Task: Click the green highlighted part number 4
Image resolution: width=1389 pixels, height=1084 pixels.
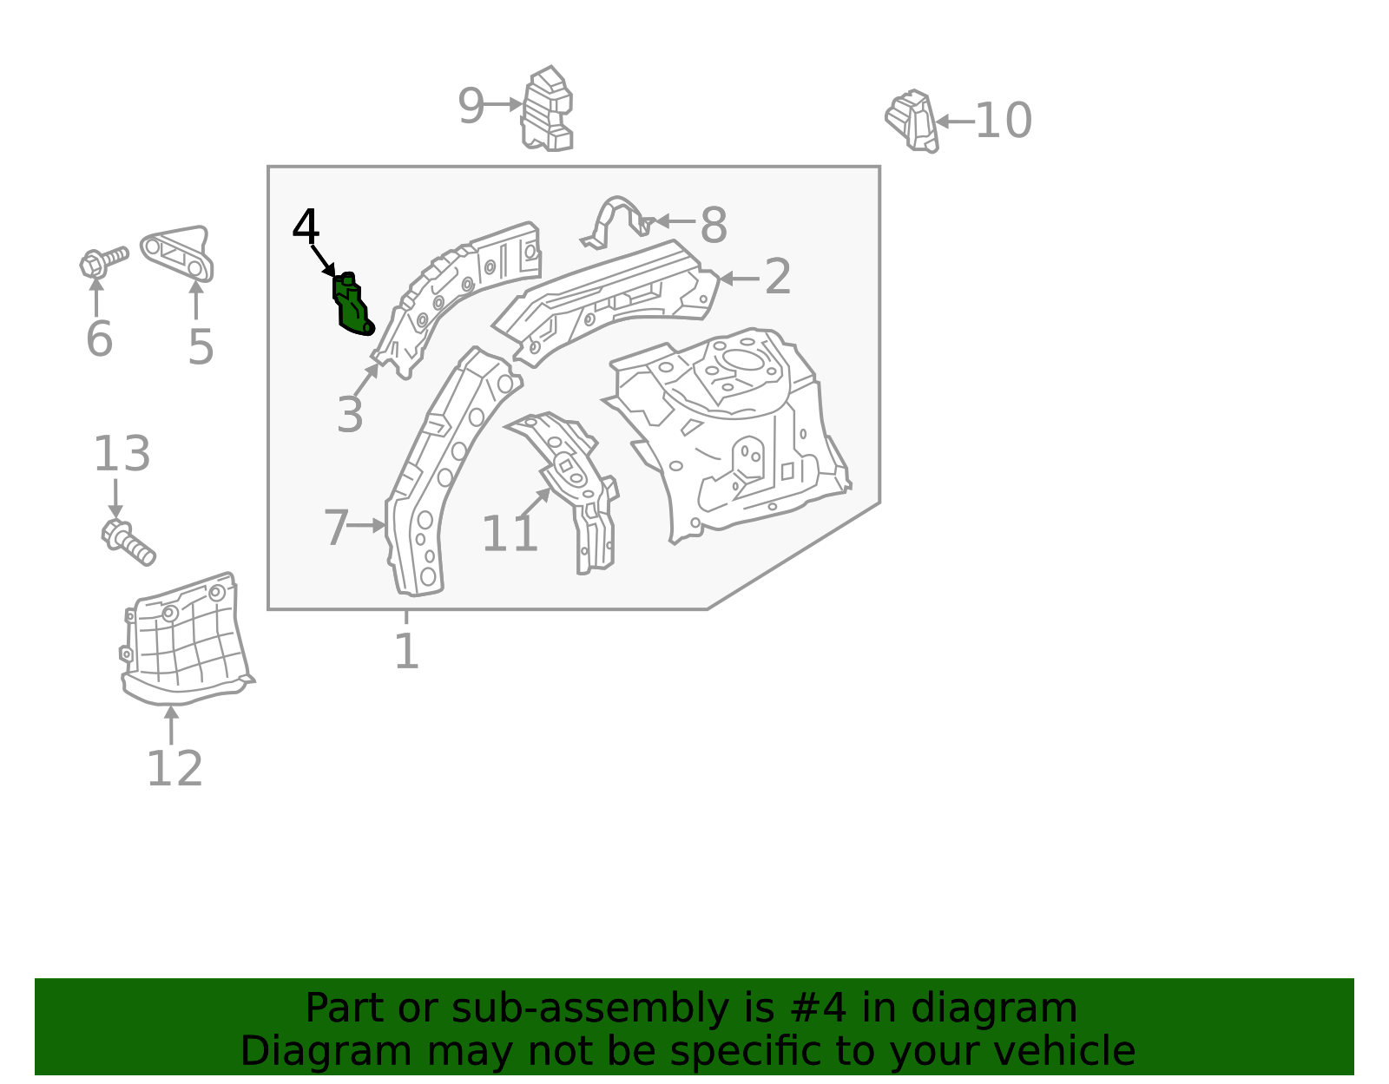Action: click(x=351, y=305)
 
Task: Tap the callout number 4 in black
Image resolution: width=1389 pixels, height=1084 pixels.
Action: click(x=306, y=227)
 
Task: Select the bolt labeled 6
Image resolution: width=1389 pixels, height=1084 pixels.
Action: click(x=102, y=260)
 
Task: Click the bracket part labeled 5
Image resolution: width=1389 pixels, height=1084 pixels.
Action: click(x=179, y=253)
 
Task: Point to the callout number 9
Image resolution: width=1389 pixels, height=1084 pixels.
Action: click(x=471, y=107)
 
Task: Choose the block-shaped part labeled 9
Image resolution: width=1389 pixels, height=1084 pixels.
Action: click(x=547, y=110)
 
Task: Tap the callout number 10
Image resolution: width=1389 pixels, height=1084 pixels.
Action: click(x=1004, y=121)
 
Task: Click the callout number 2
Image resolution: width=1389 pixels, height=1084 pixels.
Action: click(x=777, y=277)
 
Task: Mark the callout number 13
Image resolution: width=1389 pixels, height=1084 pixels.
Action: click(x=122, y=454)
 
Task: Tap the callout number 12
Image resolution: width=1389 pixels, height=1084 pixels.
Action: click(x=174, y=769)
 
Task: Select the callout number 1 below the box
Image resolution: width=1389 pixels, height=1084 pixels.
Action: click(x=406, y=651)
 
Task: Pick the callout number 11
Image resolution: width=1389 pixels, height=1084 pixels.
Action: click(x=510, y=534)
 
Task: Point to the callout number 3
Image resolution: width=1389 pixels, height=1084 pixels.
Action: click(x=350, y=415)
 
